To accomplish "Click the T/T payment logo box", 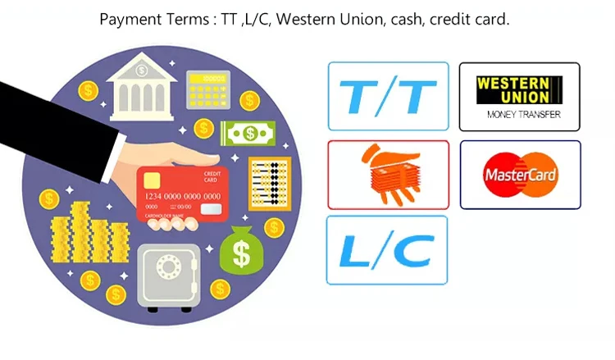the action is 388,96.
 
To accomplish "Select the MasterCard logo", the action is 520,174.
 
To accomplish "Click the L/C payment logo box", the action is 387,250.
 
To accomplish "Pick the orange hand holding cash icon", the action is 388,174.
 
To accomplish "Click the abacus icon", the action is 270,180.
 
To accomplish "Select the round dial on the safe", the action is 170,268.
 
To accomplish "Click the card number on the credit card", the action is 182,197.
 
